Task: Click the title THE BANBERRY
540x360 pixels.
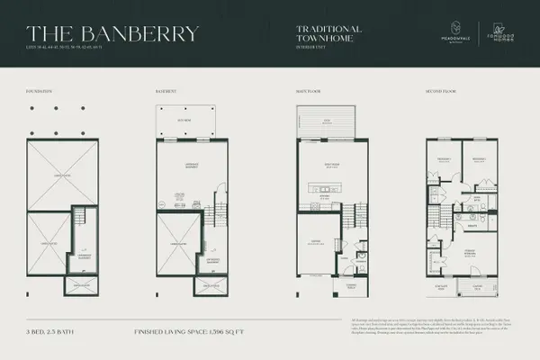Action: pyautogui.click(x=107, y=33)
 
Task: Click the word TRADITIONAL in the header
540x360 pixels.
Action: pyautogui.click(x=328, y=29)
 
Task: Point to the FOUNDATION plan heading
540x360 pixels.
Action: pyautogui.click(x=41, y=92)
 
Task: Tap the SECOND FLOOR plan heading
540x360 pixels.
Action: pyautogui.click(x=437, y=92)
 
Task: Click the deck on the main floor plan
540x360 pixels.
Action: pyautogui.click(x=327, y=121)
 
